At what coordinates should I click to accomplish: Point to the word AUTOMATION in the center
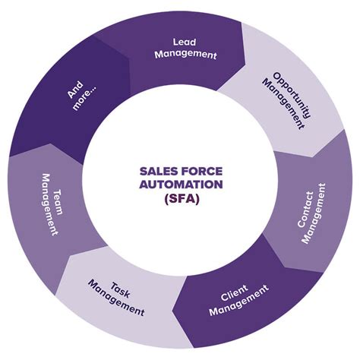point(180,185)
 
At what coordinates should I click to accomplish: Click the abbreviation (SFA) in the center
point(180,197)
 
